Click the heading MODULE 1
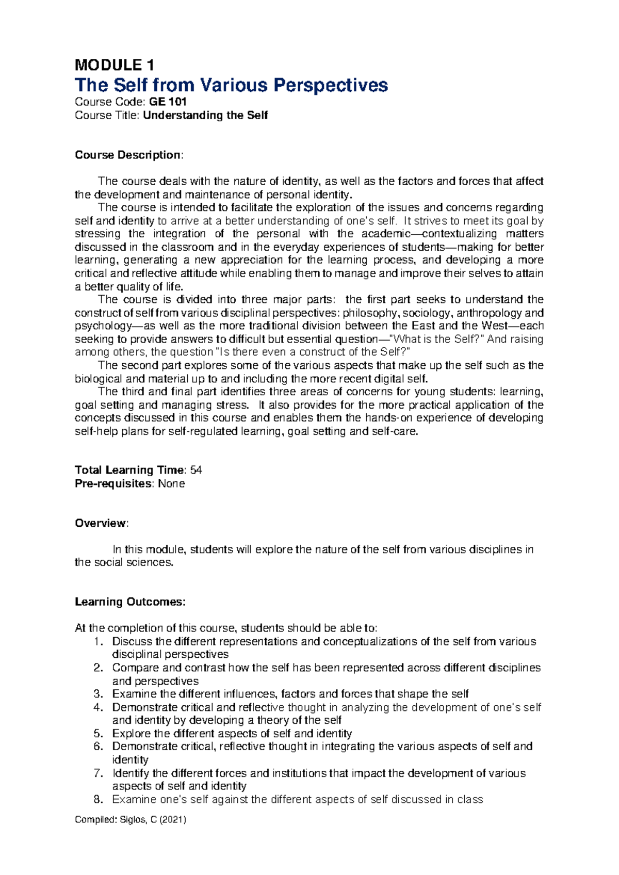coord(114,65)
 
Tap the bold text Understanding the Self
coord(205,115)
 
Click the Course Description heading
coord(128,155)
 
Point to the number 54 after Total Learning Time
coord(196,470)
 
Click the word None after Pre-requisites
coord(171,483)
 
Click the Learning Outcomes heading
coord(129,602)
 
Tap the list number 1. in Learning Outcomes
coord(99,642)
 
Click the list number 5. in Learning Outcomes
coord(99,734)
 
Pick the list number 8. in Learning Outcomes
coord(99,800)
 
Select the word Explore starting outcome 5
coord(132,734)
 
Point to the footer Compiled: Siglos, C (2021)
coord(131,819)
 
